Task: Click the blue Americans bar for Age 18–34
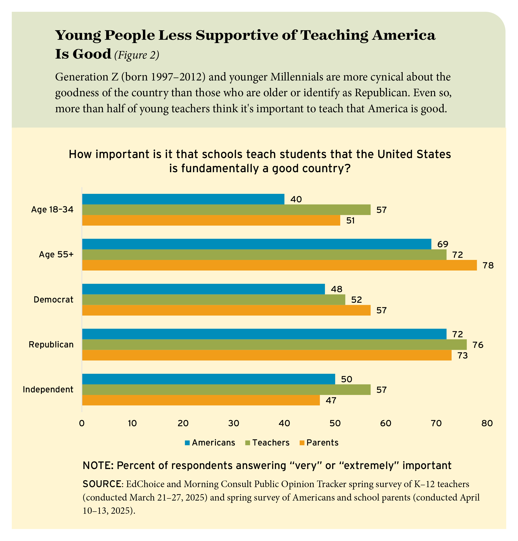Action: (x=183, y=199)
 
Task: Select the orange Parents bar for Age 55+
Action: (x=279, y=265)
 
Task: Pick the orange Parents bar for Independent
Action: (x=201, y=400)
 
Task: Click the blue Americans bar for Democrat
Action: (x=203, y=289)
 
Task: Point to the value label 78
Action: (x=488, y=265)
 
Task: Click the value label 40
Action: (x=296, y=199)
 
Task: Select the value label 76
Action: (x=478, y=345)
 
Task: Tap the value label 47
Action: (x=331, y=400)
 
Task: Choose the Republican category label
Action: (x=51, y=345)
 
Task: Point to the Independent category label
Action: (x=48, y=390)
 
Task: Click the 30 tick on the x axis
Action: (x=234, y=423)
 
